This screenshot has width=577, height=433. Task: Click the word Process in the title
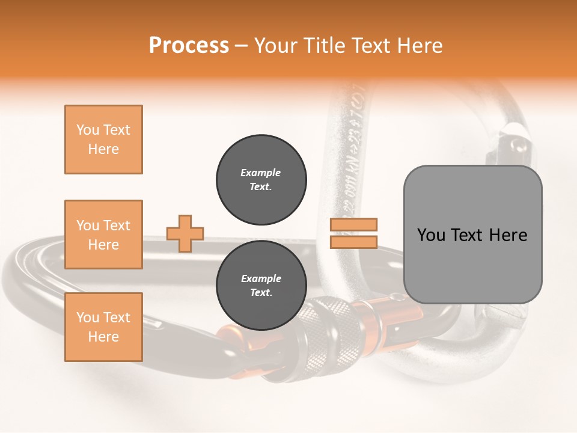coord(189,46)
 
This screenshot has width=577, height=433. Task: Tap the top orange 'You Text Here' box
coord(103,140)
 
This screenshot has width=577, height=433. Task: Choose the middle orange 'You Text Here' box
coord(103,235)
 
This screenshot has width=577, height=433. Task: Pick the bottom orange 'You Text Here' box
coord(103,327)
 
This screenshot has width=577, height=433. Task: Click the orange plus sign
coord(185,233)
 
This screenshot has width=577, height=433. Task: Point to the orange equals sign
coord(353,233)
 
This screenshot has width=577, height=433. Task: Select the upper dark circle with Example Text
coord(261,180)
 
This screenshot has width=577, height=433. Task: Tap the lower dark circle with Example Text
coord(261,286)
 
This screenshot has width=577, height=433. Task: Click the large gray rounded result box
coord(472,235)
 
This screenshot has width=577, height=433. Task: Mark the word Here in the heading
coord(419,46)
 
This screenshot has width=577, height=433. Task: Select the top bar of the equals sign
coord(353,225)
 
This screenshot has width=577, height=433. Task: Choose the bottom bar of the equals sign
coord(353,242)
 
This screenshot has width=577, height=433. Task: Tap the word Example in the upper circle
coord(261,173)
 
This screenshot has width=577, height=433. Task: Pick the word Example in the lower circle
coord(261,278)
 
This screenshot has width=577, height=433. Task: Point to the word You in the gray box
coord(432,235)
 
